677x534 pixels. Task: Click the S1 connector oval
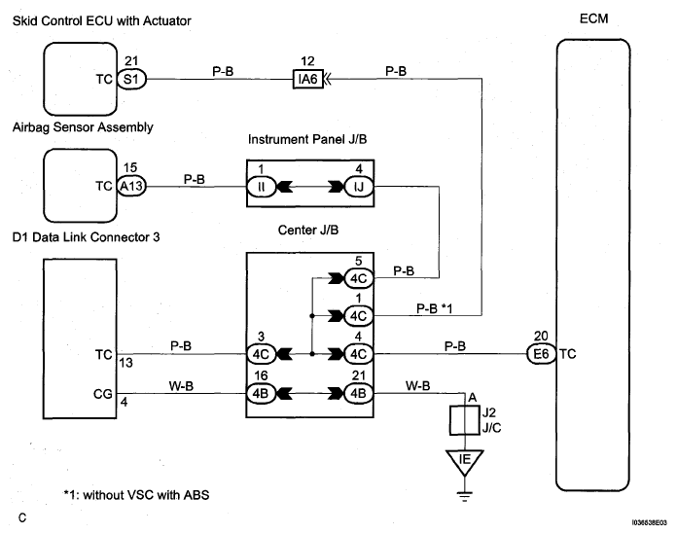[x=131, y=79]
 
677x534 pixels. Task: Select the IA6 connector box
[x=307, y=79]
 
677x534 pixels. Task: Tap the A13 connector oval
[x=131, y=186]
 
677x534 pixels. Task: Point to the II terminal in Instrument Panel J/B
[x=261, y=187]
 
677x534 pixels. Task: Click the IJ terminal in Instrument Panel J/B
[x=359, y=187]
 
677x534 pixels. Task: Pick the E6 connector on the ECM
[x=541, y=354]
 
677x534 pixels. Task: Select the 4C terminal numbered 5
[x=359, y=278]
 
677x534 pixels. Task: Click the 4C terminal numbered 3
[x=261, y=354]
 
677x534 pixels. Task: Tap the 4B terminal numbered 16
[x=261, y=393]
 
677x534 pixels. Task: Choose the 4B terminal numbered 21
[x=359, y=393]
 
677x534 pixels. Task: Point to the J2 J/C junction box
[x=465, y=420]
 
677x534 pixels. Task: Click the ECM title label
[x=593, y=18]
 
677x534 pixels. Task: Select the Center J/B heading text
[x=307, y=231]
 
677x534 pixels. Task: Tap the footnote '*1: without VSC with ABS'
[x=136, y=495]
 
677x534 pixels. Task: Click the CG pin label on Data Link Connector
[x=103, y=394]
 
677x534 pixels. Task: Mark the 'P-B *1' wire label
[x=435, y=308]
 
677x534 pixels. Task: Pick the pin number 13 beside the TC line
[x=125, y=363]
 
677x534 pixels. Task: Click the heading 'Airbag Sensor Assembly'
[x=83, y=127]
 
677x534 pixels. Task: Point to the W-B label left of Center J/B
[x=181, y=385]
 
